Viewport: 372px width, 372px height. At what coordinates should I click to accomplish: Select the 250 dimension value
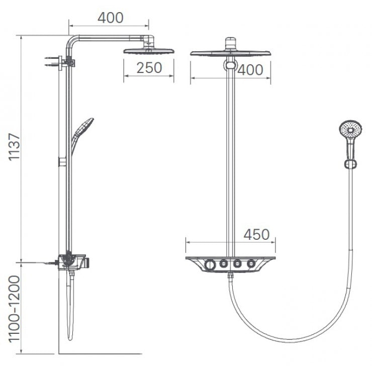(149, 68)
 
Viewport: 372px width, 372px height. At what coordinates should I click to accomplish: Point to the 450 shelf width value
(256, 235)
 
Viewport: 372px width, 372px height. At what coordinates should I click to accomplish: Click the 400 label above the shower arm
(110, 18)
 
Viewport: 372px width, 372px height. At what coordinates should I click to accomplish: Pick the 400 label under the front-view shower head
(250, 70)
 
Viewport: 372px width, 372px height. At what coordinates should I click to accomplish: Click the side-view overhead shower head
(148, 51)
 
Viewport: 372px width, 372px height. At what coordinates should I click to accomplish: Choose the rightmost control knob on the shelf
(251, 263)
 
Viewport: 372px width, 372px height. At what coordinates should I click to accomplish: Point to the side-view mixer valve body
(71, 262)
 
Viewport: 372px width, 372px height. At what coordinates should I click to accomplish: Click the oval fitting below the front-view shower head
(230, 65)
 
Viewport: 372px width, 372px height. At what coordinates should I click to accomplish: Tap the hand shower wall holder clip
(350, 164)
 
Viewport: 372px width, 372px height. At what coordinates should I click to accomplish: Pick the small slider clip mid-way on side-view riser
(62, 162)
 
